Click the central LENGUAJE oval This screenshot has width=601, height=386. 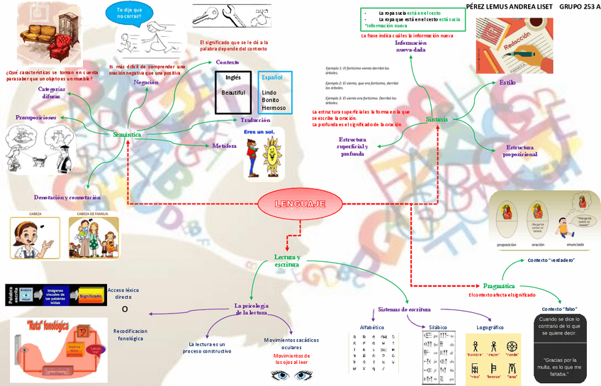click(x=301, y=204)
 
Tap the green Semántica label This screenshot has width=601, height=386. click(x=127, y=134)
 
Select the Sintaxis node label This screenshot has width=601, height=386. click(x=437, y=119)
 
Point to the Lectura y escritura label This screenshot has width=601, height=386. click(x=287, y=260)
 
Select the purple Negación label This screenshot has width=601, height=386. click(x=146, y=82)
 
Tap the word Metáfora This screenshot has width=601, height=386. click(x=225, y=145)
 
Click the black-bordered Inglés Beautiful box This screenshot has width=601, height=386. click(x=233, y=92)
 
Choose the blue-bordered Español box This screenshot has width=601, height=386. click(x=274, y=92)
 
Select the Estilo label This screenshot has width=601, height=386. click(x=507, y=82)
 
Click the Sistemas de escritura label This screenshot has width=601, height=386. click(x=405, y=309)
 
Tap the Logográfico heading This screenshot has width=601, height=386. click(x=490, y=327)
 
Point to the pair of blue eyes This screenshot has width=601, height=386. click(x=291, y=375)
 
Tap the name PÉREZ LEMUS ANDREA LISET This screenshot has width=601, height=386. click(x=509, y=6)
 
